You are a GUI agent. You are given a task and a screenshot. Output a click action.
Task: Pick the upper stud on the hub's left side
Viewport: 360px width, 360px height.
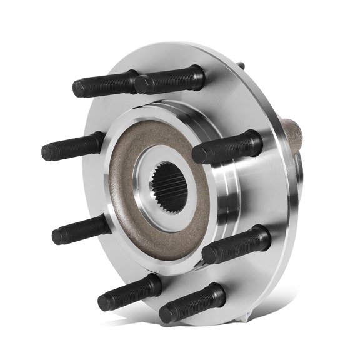72,147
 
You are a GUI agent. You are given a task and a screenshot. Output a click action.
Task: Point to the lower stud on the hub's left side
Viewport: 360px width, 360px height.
81,229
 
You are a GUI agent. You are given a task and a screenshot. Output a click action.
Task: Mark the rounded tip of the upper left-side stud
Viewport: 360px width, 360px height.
47,152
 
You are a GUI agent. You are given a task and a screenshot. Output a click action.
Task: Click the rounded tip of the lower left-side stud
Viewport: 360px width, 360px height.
57,236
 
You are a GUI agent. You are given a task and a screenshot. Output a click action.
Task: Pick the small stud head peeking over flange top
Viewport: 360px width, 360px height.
241,64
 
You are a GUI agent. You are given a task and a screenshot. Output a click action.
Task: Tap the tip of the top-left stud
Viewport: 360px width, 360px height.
79,89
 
